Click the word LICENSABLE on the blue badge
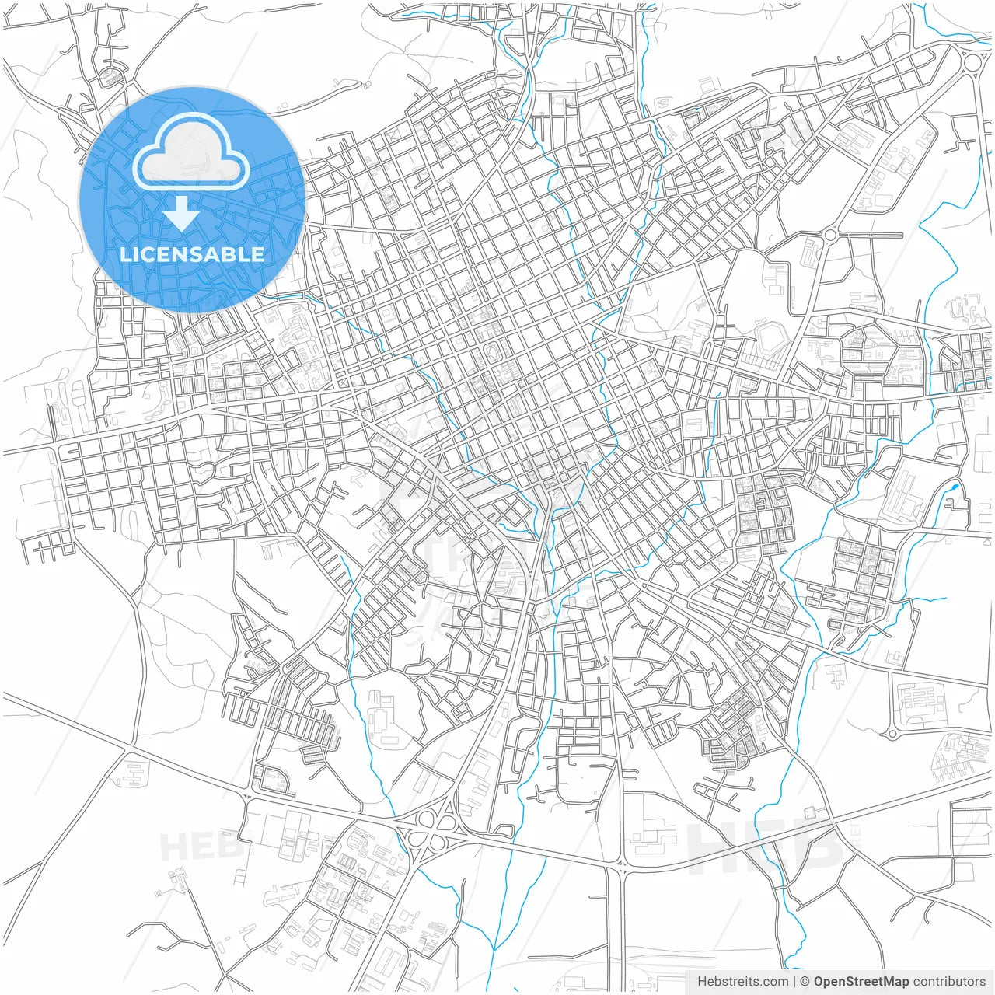click(x=191, y=254)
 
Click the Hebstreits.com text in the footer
click(x=742, y=982)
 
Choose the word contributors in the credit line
click(x=949, y=982)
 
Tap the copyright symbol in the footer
click(x=805, y=982)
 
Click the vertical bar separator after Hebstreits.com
click(x=794, y=982)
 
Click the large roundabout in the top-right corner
click(x=972, y=61)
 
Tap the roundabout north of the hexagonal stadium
click(x=830, y=234)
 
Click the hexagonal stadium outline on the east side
click(x=770, y=337)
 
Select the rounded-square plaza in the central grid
click(x=493, y=354)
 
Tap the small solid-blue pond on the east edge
click(x=955, y=489)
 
